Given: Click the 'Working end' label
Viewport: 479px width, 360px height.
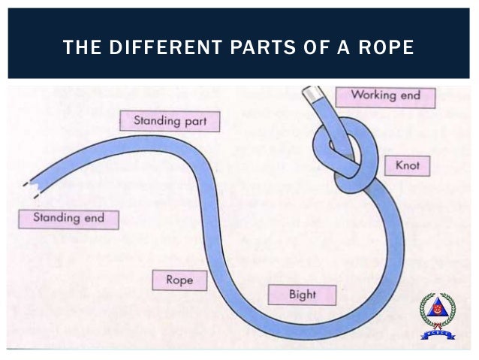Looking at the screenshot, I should pos(385,96).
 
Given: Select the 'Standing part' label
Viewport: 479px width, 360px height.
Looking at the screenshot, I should pos(170,120).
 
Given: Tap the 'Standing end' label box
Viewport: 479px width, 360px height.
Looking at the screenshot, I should pos(68,219).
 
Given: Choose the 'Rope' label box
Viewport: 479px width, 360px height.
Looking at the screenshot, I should pos(179,280).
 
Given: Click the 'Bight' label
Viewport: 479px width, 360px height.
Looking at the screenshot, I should pos(302,294).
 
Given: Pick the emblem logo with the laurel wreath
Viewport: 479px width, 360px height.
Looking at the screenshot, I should pos(437,315).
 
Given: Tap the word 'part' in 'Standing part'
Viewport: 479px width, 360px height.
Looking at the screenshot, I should pos(197,120).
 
